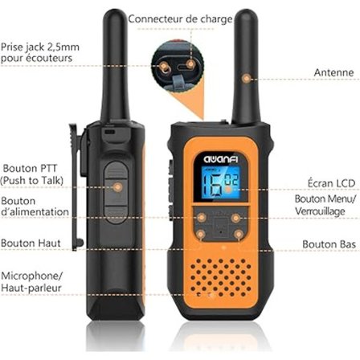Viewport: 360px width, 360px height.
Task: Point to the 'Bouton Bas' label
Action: [x=325, y=243]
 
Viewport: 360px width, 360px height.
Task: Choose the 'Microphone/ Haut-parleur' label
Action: [x=32, y=280]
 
